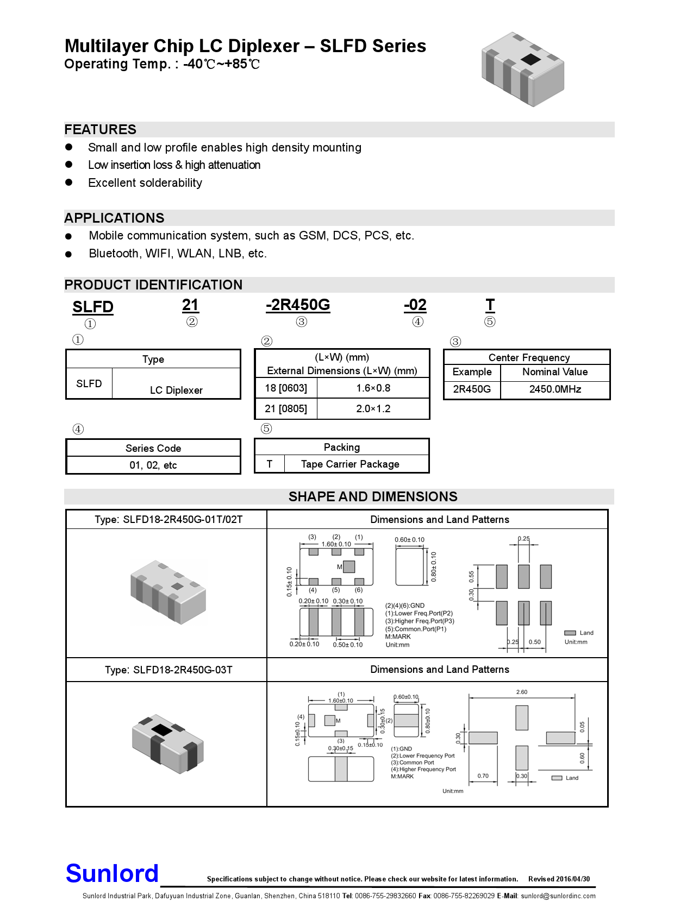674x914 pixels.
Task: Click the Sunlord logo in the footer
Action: point(112,874)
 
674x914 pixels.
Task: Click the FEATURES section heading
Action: point(101,130)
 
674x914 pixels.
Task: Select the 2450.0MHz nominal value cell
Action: point(555,389)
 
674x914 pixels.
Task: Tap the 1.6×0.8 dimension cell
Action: point(373,388)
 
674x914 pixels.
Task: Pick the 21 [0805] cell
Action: point(286,409)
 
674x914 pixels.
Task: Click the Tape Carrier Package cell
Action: point(350,464)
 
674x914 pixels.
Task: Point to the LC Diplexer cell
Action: point(176,390)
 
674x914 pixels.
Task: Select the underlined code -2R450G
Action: point(298,305)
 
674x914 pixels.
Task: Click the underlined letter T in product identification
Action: point(490,305)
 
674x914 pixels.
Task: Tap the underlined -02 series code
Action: point(415,305)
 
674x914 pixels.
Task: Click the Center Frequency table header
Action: point(529,358)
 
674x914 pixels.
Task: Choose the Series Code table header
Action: point(153,449)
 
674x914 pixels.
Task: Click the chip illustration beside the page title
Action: point(522,69)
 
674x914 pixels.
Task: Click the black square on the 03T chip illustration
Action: point(161,729)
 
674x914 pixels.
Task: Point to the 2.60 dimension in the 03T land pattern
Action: point(522,692)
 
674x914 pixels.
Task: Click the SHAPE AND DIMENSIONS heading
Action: point(373,497)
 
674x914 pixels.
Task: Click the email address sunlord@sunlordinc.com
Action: point(558,896)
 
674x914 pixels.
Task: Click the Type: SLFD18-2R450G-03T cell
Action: point(168,670)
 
